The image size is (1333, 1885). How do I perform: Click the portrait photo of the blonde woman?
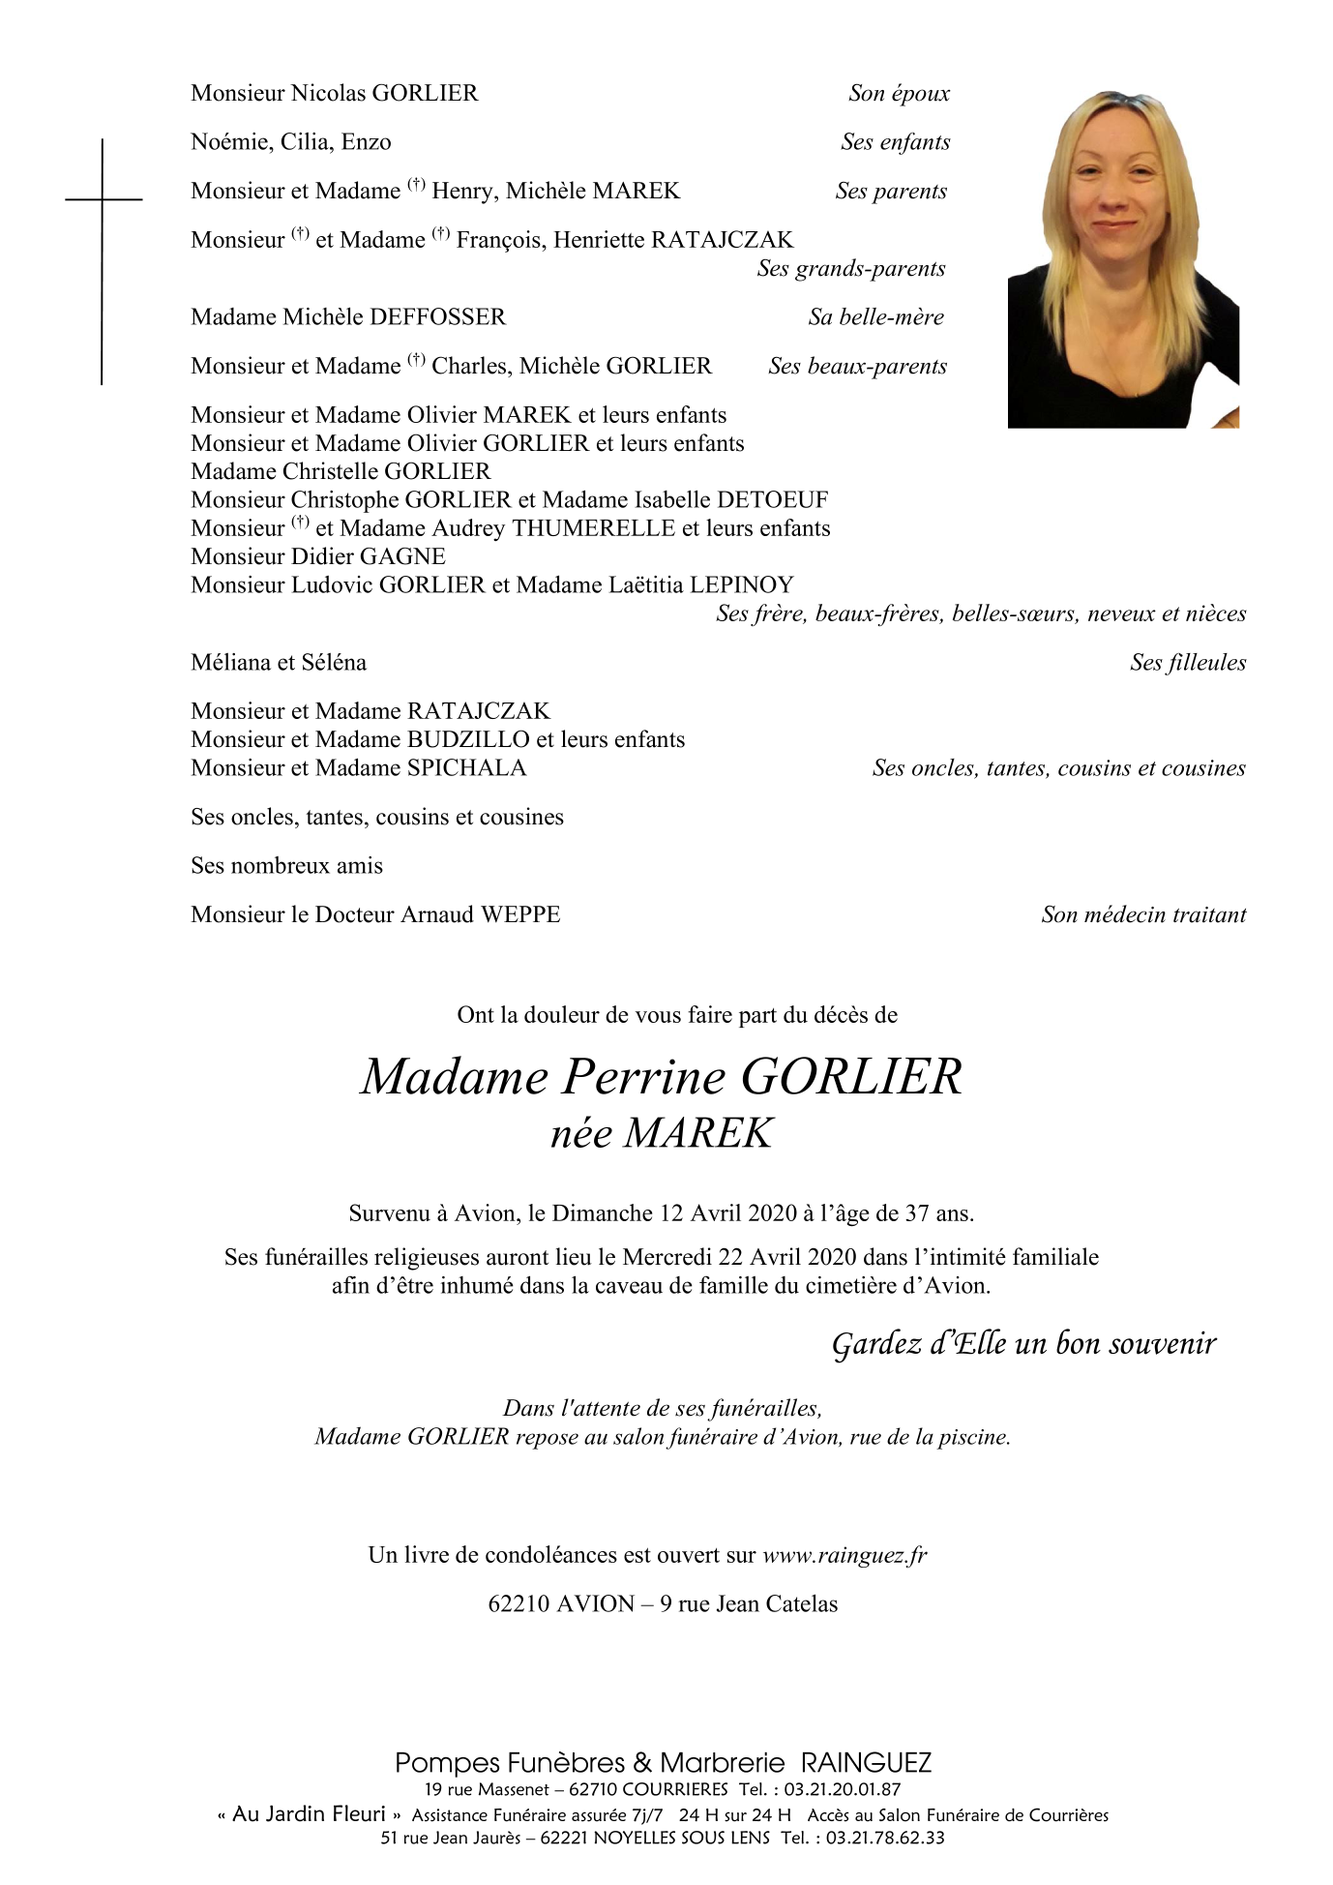click(x=1122, y=259)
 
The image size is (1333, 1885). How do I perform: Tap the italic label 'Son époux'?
click(x=899, y=93)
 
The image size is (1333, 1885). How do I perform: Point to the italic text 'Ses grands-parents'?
click(x=850, y=269)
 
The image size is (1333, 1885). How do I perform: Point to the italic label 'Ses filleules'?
click(x=1187, y=663)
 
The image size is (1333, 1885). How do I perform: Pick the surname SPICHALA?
click(x=466, y=768)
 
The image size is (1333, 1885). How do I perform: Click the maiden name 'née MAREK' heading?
click(x=662, y=1134)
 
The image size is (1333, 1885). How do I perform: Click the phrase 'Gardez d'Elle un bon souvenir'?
click(x=1023, y=1344)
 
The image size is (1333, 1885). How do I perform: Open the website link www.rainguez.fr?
click(x=844, y=1556)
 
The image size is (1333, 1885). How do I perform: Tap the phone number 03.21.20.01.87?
click(x=842, y=1790)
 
